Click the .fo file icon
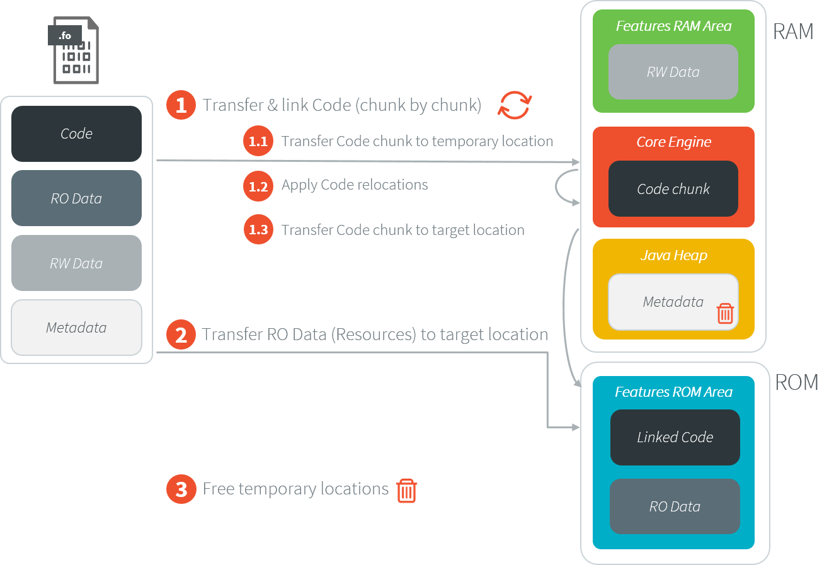point(73,51)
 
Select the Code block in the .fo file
point(76,134)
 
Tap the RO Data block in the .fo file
point(76,198)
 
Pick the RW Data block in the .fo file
point(76,263)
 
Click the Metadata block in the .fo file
point(76,328)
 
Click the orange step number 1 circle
point(181,105)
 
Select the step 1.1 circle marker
point(258,141)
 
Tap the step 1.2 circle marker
point(258,186)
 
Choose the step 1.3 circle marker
point(258,230)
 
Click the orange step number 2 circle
point(181,334)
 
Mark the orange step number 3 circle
point(181,489)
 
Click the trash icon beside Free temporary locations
point(407,490)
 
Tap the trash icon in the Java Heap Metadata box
point(725,313)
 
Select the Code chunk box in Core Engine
point(673,189)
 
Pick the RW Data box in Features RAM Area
point(673,72)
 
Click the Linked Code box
point(675,437)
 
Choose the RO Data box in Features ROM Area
point(675,506)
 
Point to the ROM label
point(797,382)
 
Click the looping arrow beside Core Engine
point(564,187)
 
